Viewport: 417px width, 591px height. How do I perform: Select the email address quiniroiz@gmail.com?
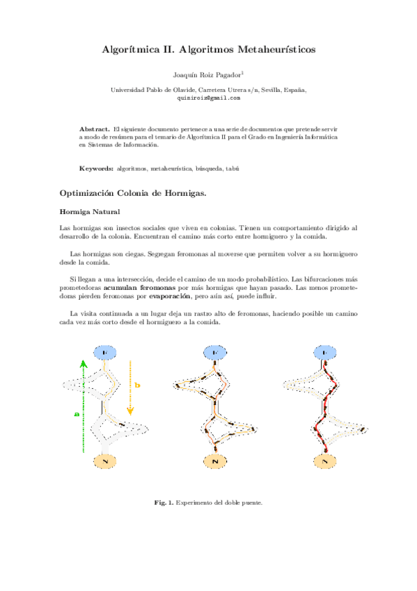click(209, 98)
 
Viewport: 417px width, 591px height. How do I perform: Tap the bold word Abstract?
click(94, 130)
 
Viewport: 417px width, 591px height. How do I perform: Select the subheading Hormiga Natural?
click(90, 211)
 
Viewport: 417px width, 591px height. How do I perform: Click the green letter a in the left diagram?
click(77, 414)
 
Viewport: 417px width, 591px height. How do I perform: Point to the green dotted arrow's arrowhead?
click(83, 363)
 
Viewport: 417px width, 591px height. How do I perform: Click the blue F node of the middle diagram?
click(210, 355)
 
